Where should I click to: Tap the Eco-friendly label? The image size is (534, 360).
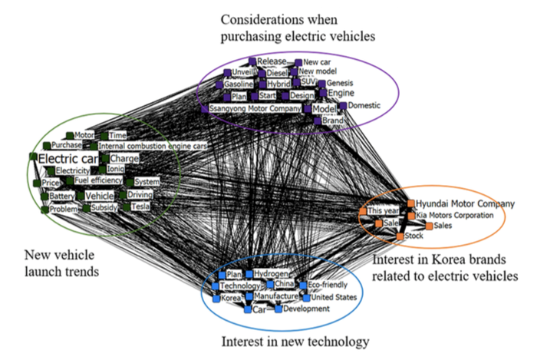pyautogui.click(x=328, y=285)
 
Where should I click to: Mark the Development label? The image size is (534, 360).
pyautogui.click(x=306, y=309)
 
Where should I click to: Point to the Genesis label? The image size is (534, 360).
pyautogui.click(x=341, y=83)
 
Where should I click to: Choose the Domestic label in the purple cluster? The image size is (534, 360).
pyautogui.click(x=364, y=105)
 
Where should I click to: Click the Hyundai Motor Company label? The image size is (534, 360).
pyautogui.click(x=466, y=203)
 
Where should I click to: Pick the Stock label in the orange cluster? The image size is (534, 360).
pyautogui.click(x=414, y=236)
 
